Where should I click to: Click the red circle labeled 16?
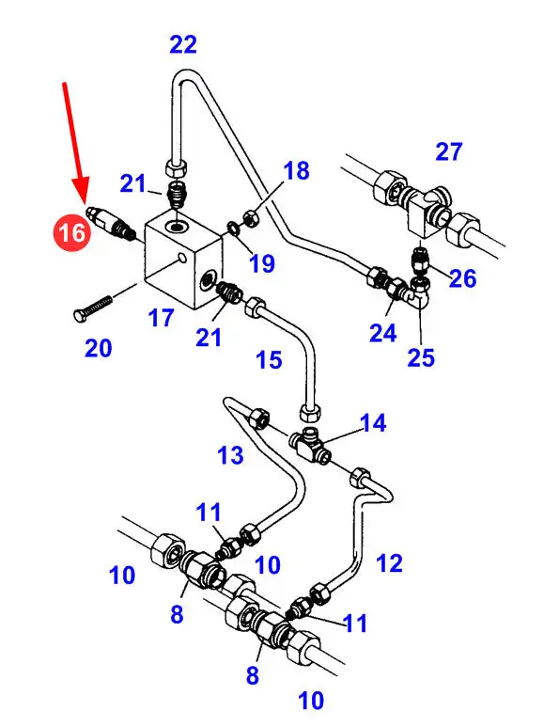point(72,231)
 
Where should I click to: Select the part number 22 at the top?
point(183,45)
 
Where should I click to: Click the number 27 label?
point(449,151)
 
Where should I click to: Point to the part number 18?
point(296,170)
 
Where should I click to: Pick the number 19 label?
point(262,263)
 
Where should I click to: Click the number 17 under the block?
point(162,318)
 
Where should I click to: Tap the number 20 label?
point(99,348)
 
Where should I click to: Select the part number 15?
point(269,360)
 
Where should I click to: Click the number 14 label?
point(373,423)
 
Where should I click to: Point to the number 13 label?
point(230,455)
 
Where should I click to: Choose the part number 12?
point(389,562)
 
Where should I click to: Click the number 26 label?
point(462,278)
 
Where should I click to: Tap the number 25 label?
point(421,357)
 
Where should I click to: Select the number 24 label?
point(383,333)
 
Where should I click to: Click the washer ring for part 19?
point(233,228)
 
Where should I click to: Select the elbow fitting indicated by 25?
point(420,292)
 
